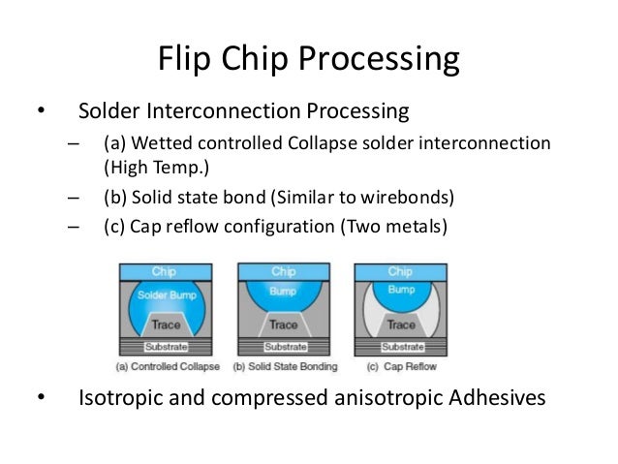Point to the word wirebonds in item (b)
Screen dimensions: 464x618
411,199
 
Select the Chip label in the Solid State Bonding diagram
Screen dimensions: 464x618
283,271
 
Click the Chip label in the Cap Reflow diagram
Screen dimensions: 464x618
399,271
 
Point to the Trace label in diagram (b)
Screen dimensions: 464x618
283,325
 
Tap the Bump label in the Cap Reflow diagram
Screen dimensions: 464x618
399,289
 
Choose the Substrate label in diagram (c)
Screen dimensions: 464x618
399,347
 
